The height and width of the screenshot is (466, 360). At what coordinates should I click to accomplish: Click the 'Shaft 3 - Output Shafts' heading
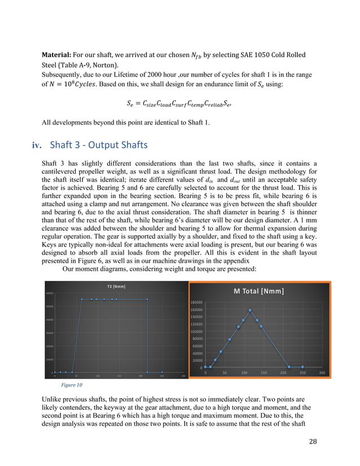coord(99,145)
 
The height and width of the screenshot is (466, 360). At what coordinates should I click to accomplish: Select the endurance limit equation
coord(180,103)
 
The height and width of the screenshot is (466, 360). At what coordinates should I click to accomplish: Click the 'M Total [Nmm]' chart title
coord(258,291)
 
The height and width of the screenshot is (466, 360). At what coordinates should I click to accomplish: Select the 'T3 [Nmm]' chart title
coord(116,287)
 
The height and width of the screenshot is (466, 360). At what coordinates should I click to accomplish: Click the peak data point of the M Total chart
coord(250,310)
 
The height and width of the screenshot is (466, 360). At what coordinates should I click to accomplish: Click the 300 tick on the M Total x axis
coord(322,372)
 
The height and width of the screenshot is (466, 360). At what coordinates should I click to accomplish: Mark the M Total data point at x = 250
coord(302,367)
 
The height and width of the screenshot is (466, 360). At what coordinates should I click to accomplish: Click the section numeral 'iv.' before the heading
coord(37,146)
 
